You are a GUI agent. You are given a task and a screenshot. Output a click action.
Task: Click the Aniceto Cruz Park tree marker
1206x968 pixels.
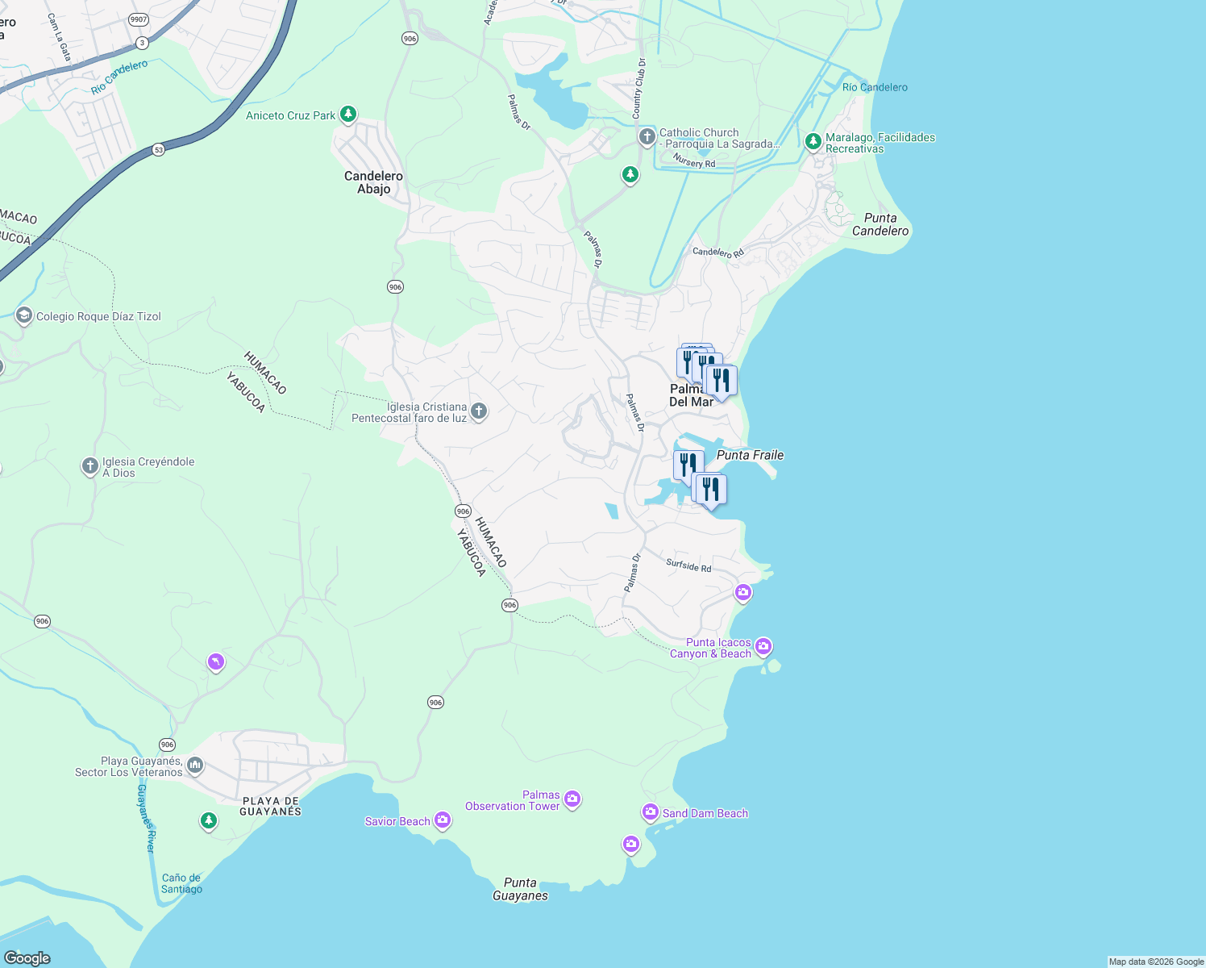coord(347,114)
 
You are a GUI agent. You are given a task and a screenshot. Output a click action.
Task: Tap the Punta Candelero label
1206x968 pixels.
coord(880,224)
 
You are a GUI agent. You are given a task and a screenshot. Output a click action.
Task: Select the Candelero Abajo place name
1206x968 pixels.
coord(373,182)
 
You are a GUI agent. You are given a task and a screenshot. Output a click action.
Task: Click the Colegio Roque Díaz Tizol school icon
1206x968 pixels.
coord(24,315)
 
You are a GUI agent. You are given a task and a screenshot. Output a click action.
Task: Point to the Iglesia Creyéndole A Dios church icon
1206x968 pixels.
coord(90,465)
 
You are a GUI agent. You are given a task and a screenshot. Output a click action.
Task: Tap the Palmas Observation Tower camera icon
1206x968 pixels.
coord(572,799)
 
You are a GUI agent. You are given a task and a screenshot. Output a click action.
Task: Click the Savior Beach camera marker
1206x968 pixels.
coord(442,820)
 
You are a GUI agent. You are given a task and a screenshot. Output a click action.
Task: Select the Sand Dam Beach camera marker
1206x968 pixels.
coord(651,812)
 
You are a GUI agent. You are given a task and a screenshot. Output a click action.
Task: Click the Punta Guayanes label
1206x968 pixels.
coord(520,889)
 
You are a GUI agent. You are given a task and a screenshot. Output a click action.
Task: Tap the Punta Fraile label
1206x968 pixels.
coord(750,455)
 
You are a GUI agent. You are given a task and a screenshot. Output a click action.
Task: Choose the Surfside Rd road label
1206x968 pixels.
coord(688,565)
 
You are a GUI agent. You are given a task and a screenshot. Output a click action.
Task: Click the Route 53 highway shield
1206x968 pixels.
coord(158,149)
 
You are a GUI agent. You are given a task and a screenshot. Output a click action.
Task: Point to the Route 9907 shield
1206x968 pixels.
coord(139,19)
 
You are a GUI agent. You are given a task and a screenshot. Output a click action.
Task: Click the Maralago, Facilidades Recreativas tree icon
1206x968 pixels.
coord(813,142)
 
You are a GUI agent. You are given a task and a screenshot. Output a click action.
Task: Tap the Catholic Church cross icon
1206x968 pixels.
coord(647,136)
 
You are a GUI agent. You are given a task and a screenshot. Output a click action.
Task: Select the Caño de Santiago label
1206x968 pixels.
coord(181,883)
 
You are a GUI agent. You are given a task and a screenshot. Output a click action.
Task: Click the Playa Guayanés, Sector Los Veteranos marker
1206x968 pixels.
coord(194,764)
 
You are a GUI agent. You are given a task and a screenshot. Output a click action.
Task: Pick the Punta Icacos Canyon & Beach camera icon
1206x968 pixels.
coord(763,646)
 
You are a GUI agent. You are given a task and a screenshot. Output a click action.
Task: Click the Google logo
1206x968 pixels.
coord(27,958)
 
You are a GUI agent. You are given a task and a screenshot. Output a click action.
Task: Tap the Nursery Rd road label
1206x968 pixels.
coord(694,163)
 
